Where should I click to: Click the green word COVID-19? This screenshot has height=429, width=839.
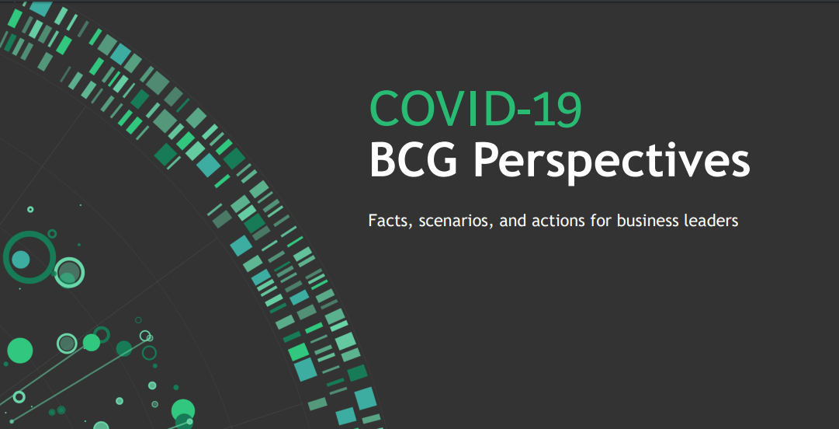[475, 109]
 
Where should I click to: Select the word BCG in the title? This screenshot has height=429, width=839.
[414, 159]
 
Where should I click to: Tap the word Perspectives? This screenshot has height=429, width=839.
[612, 163]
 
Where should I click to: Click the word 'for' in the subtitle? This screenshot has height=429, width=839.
[602, 221]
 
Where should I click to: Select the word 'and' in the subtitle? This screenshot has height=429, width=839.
[514, 221]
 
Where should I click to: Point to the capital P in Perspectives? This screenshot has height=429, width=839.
[487, 159]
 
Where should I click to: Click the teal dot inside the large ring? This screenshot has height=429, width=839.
[21, 260]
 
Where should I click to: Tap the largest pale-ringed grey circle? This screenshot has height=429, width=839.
[69, 272]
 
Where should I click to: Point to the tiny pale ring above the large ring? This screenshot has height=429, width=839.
[30, 209]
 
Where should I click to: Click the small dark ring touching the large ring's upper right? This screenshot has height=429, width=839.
[52, 233]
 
